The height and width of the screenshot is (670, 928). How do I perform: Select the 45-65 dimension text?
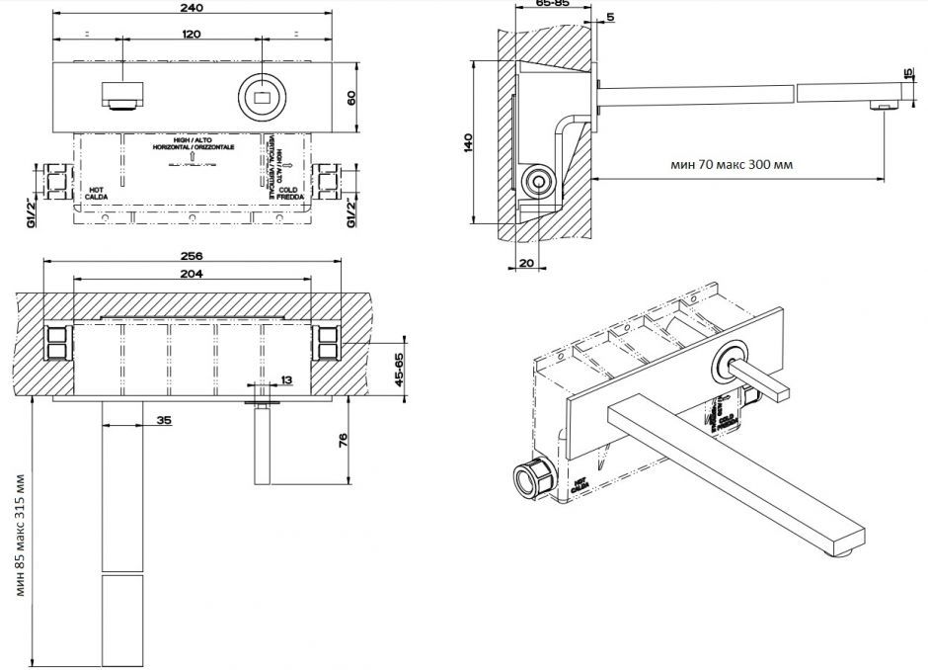click(x=399, y=371)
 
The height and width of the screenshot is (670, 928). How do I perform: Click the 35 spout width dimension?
click(x=164, y=420)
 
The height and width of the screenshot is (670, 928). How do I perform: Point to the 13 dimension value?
click(x=286, y=379)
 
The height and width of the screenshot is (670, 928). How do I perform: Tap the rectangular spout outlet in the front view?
click(x=122, y=97)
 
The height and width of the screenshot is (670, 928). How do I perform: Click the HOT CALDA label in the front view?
click(x=97, y=193)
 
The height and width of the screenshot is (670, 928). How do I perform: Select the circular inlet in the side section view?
click(x=538, y=181)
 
